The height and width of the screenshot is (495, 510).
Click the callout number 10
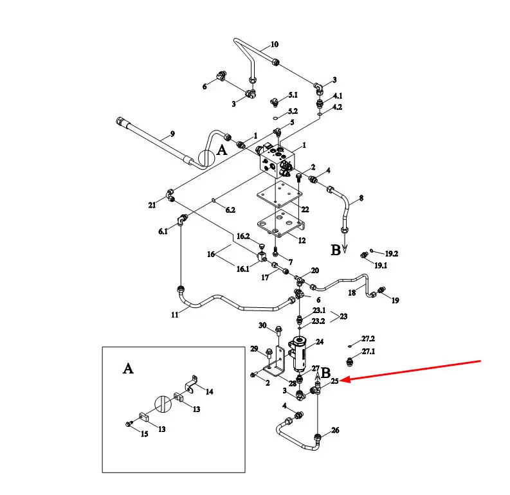[x=275, y=44]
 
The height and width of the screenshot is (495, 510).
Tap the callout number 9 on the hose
[x=172, y=134]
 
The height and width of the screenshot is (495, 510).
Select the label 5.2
[x=293, y=111]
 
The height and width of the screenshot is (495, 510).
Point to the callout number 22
[x=305, y=210]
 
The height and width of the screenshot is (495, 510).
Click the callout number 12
[x=302, y=240]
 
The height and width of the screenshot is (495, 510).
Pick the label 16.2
[x=243, y=237]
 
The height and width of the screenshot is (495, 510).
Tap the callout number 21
[x=152, y=205]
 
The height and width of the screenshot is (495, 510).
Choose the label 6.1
[x=163, y=231]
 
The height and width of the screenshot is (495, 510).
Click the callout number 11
[x=175, y=314]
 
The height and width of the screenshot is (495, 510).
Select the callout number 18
[x=352, y=292]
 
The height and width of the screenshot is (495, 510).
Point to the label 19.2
[x=392, y=253]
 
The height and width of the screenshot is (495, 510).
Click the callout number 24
[x=320, y=341]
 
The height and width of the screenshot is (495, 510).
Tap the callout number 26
[x=335, y=430]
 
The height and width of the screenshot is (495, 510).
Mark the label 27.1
[x=369, y=352]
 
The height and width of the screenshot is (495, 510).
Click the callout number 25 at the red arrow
[x=334, y=381]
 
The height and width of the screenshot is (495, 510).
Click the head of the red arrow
[x=341, y=380]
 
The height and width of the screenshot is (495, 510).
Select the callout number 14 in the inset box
[x=209, y=392]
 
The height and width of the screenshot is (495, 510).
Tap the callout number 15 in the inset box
[x=145, y=434]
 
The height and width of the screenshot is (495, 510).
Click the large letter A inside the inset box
[x=128, y=368]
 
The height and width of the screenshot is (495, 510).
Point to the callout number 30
[x=262, y=325]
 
